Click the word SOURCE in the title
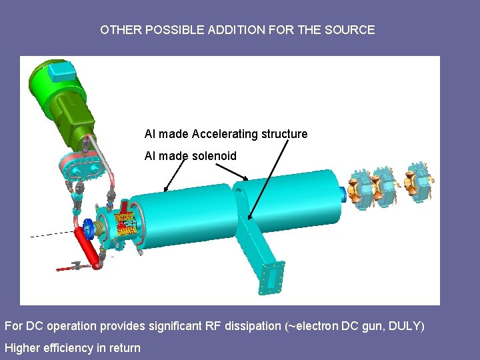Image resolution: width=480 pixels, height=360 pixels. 351,30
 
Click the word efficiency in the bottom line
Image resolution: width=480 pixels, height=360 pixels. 63,347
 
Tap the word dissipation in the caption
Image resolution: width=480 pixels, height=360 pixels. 248,326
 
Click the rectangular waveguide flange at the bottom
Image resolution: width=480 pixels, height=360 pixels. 271,277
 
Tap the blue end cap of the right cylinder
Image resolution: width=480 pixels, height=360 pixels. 342,193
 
